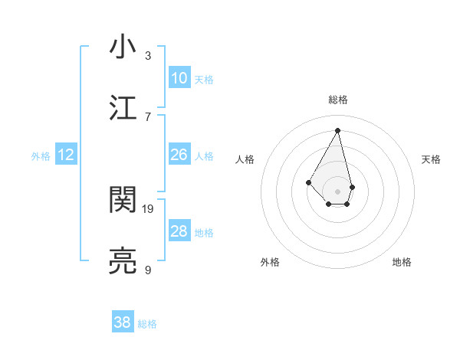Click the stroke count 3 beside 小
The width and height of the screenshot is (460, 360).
148,55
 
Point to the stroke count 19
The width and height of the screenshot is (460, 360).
148,208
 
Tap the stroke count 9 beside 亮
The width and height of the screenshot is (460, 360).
148,270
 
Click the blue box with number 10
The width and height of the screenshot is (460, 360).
179,78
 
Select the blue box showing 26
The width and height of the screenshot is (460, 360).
179,155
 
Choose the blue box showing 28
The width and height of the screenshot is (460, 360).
179,231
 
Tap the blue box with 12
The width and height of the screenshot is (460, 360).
66,155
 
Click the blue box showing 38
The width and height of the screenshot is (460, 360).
123,323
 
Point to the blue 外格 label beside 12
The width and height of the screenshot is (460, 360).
41,155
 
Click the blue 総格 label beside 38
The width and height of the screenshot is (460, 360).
147,324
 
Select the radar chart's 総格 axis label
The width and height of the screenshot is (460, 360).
338,100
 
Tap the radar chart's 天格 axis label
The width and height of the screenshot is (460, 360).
432,159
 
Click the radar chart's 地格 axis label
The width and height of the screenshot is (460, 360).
402,262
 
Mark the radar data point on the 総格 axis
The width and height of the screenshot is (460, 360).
337,130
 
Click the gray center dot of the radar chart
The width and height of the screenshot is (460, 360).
337,191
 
